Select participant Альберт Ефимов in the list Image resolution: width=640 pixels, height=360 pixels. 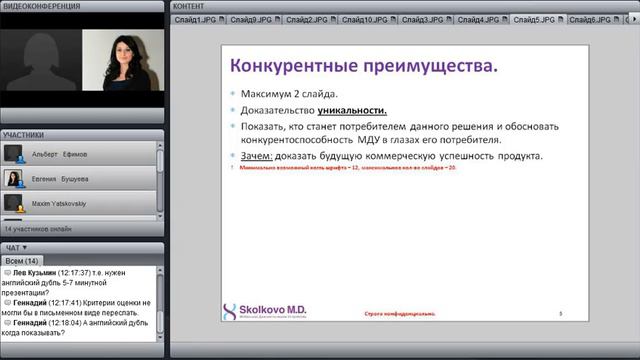60,154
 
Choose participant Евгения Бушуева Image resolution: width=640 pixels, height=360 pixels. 61,178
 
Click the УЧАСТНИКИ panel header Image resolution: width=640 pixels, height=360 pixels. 23,134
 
